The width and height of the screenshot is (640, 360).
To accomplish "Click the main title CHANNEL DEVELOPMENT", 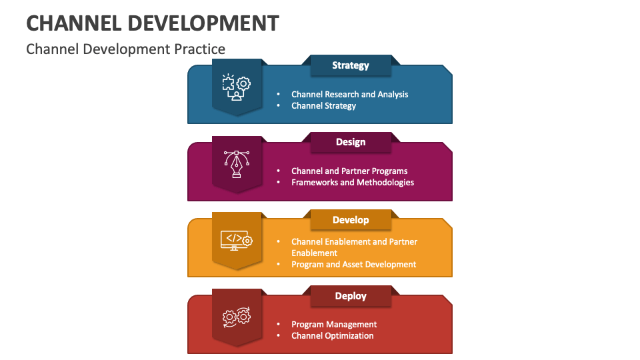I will click(x=152, y=23).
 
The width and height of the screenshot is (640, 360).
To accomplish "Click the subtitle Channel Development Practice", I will click(x=125, y=49).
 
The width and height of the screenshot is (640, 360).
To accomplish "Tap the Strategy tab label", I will click(x=351, y=65).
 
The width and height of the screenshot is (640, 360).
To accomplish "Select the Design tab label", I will click(x=351, y=142).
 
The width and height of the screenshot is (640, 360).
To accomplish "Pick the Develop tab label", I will click(x=351, y=219).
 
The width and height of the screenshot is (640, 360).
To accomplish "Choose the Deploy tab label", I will click(x=351, y=296).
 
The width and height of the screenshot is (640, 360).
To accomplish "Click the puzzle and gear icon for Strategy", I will click(x=236, y=87).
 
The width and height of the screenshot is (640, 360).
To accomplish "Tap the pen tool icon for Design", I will click(x=236, y=163).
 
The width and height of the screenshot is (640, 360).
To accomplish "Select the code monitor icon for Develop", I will click(x=236, y=240).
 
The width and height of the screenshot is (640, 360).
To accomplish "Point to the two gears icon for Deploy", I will click(x=236, y=317).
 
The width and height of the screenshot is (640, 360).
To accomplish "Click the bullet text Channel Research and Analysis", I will click(x=349, y=95).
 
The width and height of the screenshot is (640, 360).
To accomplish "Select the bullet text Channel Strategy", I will click(x=323, y=105).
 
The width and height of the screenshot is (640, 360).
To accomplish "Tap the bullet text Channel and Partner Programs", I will click(x=349, y=171).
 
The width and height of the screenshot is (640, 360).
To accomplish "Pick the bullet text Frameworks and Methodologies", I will click(x=353, y=182).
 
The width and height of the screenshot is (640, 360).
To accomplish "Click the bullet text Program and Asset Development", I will click(x=353, y=265).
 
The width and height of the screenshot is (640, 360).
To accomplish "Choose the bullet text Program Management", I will click(x=334, y=325).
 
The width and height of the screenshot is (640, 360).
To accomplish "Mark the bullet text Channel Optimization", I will click(x=332, y=335).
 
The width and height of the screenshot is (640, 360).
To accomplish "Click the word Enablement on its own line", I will click(x=314, y=253).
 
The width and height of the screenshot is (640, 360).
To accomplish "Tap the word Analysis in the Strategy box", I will click(x=393, y=95).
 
